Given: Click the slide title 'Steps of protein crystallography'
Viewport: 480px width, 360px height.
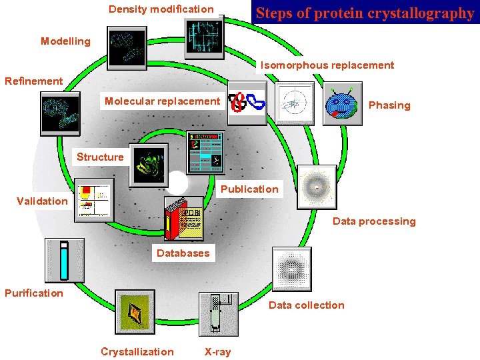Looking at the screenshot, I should tap(365, 13).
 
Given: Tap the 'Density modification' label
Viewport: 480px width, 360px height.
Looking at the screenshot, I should tap(161, 9).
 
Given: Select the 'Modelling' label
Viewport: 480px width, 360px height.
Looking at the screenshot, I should tap(65, 41).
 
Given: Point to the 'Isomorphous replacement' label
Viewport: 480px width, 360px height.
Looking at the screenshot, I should tap(327, 65).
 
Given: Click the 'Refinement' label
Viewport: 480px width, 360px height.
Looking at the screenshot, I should tap(33, 81).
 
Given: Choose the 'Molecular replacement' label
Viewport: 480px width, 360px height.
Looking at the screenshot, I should tap(162, 101).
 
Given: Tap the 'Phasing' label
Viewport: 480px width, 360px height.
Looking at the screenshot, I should tap(389, 105).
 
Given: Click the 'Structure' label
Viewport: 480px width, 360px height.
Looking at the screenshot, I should tap(100, 157).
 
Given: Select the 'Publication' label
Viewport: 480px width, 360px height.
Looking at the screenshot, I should tap(249, 189).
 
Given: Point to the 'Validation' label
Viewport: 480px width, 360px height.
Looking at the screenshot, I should tap(42, 201).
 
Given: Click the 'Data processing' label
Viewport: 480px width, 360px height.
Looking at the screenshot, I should tap(374, 221).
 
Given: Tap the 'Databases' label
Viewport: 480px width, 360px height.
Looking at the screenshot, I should tap(183, 253).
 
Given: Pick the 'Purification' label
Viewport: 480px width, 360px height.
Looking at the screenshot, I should tap(34, 293).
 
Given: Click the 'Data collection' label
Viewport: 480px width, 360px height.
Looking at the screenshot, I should tap(307, 305).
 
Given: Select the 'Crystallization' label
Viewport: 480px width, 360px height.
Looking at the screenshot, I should tap(137, 352).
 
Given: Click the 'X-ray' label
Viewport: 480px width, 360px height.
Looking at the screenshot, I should tap(217, 352).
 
